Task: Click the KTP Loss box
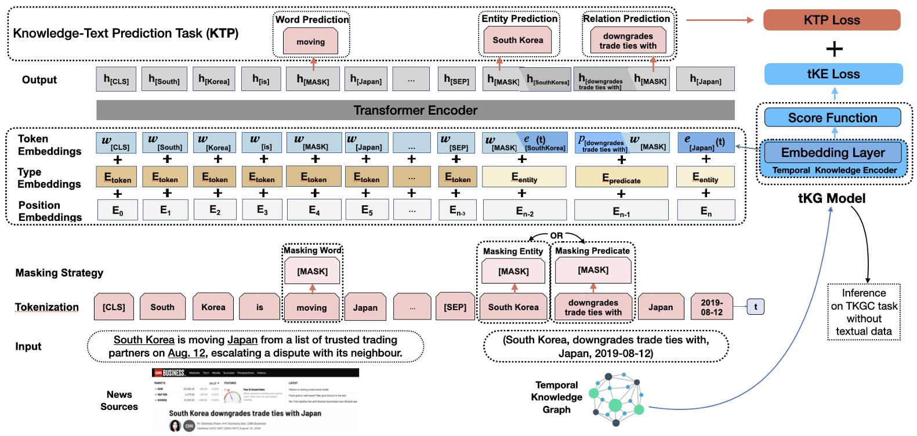pyautogui.click(x=831, y=20)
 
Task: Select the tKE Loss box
pyautogui.click(x=833, y=74)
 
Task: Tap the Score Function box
pyautogui.click(x=832, y=118)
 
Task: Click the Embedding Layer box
pyautogui.click(x=832, y=152)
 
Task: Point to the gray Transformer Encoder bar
pyautogui.click(x=415, y=110)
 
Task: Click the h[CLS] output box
pyautogui.click(x=116, y=79)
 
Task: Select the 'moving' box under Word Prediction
pyautogui.click(x=310, y=42)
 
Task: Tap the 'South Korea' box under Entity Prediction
pyautogui.click(x=518, y=40)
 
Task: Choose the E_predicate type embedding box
pyautogui.click(x=621, y=177)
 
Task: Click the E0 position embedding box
pyautogui.click(x=118, y=210)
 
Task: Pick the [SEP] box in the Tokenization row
pyautogui.click(x=455, y=307)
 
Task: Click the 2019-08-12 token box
pyautogui.click(x=711, y=307)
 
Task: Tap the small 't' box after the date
pyautogui.click(x=755, y=307)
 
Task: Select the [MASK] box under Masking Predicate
pyautogui.click(x=593, y=270)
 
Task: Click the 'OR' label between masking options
pyautogui.click(x=556, y=235)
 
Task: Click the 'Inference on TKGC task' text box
pyautogui.click(x=863, y=312)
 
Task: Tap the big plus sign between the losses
pyautogui.click(x=833, y=49)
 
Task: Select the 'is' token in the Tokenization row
pyautogui.click(x=259, y=307)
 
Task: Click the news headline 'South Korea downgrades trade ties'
pyautogui.click(x=245, y=413)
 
